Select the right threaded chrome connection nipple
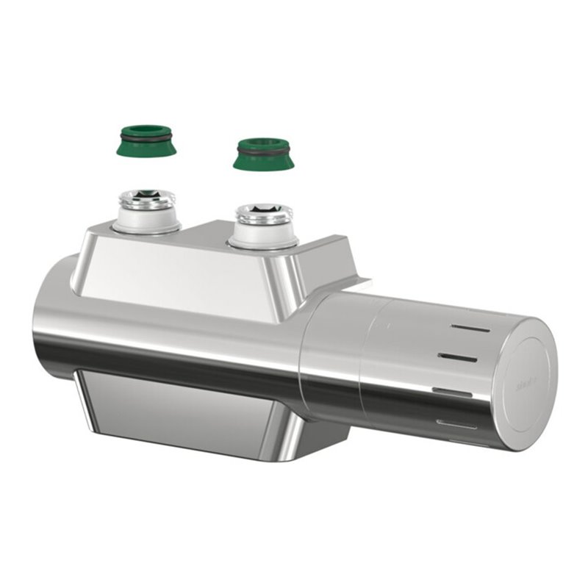264,215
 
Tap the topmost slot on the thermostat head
470,329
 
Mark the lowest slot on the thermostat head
456,423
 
